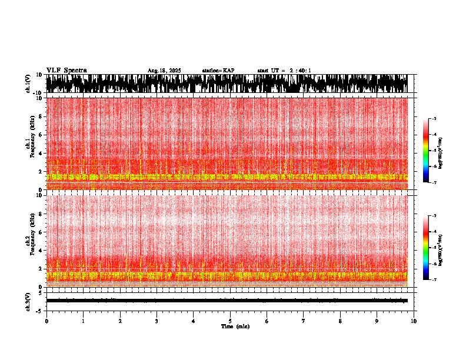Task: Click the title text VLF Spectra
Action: tap(66, 70)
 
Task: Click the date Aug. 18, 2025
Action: tap(164, 71)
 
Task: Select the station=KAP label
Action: tap(218, 71)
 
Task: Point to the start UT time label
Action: tap(284, 71)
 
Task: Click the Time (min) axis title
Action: tap(235, 326)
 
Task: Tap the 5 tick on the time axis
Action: tap(230, 321)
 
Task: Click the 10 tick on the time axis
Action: tap(414, 321)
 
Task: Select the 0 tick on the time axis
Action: tap(46, 321)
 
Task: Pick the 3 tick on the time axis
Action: tap(157, 321)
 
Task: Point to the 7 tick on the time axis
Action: tap(304, 321)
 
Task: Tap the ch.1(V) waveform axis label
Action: tap(28, 84)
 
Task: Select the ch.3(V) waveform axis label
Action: tap(28, 301)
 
